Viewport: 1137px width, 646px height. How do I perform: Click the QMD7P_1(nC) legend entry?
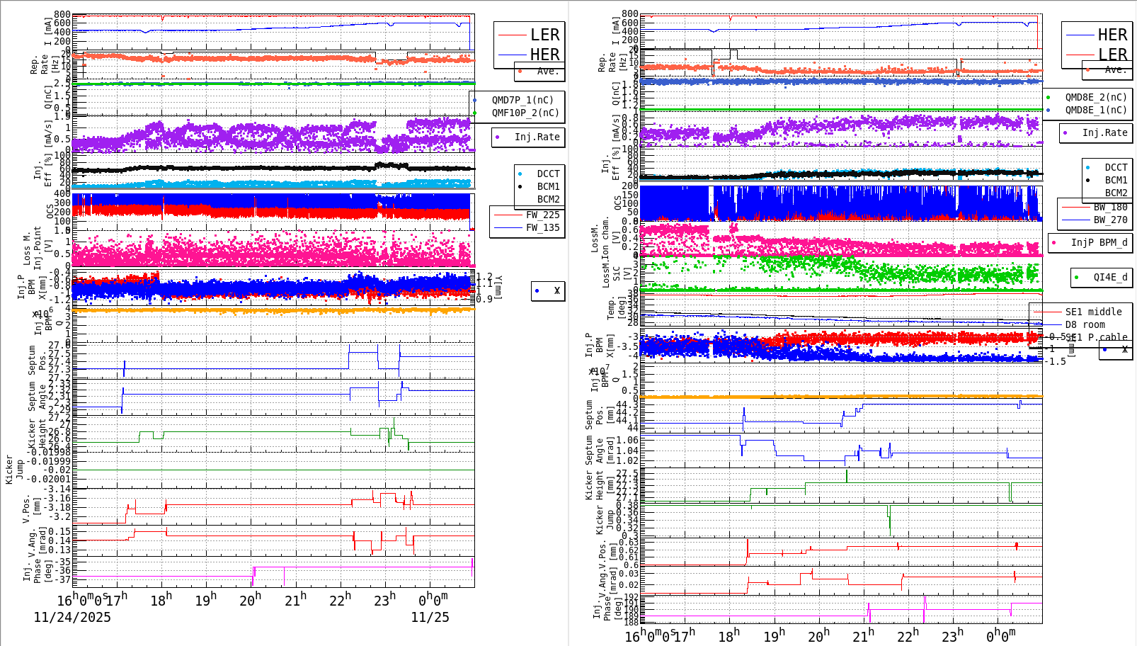[x=522, y=100]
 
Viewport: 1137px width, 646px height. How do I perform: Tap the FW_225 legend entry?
[x=542, y=215]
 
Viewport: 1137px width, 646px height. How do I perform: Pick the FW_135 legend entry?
[x=542, y=227]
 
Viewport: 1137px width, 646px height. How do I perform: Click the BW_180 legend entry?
[x=1110, y=207]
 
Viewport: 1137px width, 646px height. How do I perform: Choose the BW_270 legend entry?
[x=1110, y=220]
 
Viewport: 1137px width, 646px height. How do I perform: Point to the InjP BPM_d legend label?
[x=1099, y=242]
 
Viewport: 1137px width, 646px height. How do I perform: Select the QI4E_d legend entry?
[x=1110, y=277]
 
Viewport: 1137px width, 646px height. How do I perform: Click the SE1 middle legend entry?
[x=1093, y=312]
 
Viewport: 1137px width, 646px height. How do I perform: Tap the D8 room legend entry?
[x=1085, y=324]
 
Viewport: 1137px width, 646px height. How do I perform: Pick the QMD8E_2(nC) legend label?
[x=1096, y=97]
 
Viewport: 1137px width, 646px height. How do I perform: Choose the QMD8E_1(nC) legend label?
[x=1096, y=110]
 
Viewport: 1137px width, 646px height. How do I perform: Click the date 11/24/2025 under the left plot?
[x=72, y=617]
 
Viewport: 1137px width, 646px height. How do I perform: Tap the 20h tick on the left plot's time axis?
[x=251, y=600]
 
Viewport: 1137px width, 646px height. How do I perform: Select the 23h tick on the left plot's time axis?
[x=384, y=600]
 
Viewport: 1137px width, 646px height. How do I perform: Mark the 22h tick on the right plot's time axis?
[x=908, y=635]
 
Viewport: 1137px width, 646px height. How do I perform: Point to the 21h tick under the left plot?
[x=295, y=600]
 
